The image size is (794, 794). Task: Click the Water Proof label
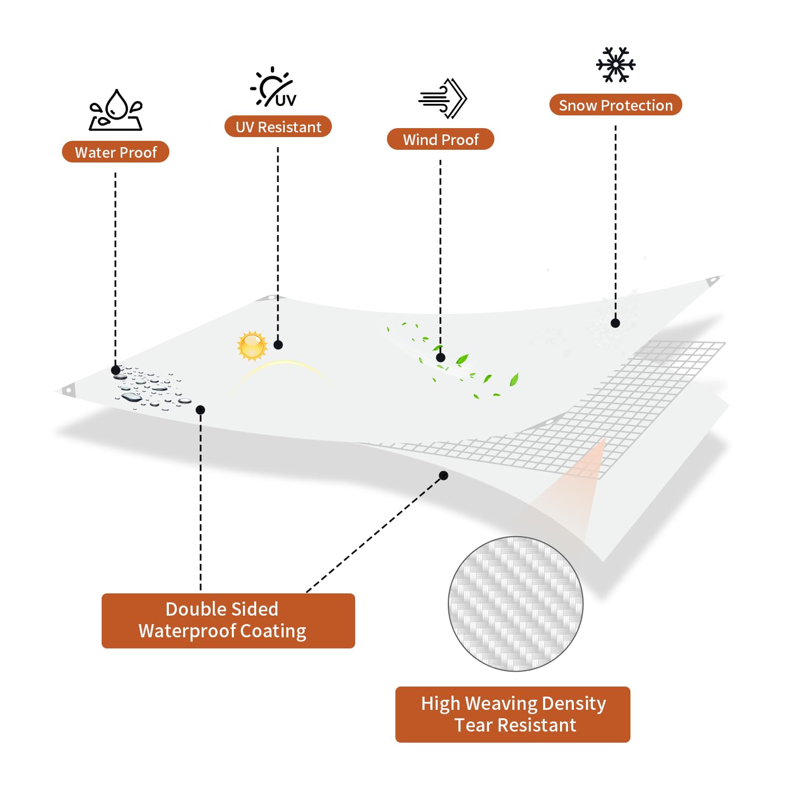(x=115, y=152)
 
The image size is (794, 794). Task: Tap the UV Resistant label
(x=278, y=127)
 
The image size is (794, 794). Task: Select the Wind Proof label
(x=440, y=139)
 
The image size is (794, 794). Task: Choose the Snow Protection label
(x=616, y=105)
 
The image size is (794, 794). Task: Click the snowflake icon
(x=616, y=65)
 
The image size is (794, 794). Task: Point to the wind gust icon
(x=443, y=98)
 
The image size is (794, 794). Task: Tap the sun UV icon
(x=273, y=87)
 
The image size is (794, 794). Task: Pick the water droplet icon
(x=116, y=110)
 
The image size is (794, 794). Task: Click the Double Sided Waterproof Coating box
(x=228, y=620)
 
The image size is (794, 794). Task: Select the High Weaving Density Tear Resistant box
(x=513, y=714)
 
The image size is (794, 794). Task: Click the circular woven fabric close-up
(x=516, y=604)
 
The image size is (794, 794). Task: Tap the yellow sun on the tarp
(x=252, y=346)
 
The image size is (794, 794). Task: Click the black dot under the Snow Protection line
(x=615, y=323)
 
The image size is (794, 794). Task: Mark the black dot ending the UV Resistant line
(x=278, y=345)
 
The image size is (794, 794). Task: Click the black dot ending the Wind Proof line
(x=440, y=358)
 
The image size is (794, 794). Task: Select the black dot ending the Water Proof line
(x=115, y=370)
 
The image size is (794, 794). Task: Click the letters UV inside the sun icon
(x=286, y=100)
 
